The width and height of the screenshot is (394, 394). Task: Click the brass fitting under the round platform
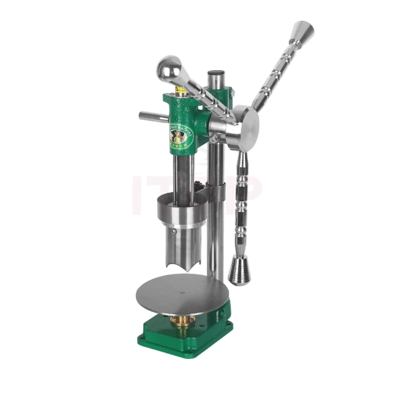point(183,320)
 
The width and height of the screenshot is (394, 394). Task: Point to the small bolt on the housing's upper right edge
point(232,92)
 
